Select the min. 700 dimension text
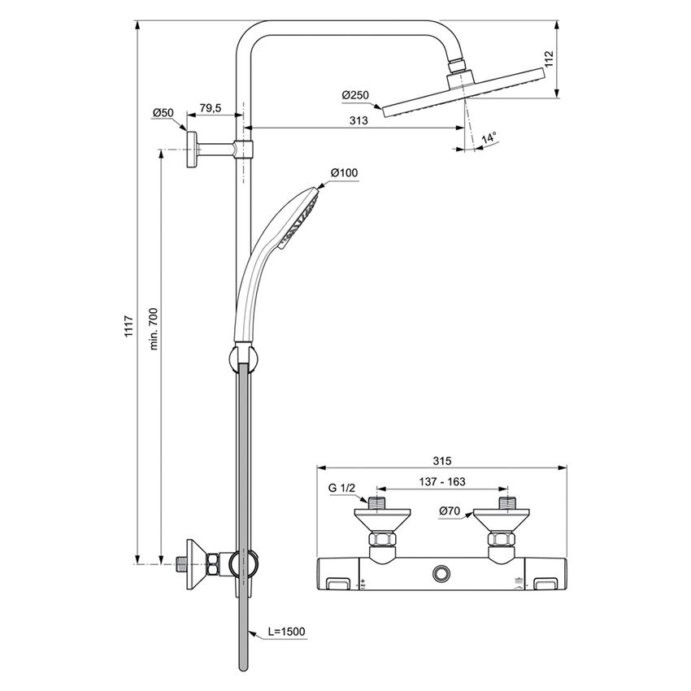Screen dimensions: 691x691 (154, 328)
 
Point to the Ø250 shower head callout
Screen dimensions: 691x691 (355, 96)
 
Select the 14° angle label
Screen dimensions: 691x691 (488, 139)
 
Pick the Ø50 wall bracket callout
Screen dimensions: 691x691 (163, 112)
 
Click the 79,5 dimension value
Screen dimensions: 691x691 (211, 109)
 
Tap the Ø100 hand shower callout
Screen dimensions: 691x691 (344, 172)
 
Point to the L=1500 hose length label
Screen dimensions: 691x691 (285, 631)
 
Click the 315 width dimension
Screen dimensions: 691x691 (441, 460)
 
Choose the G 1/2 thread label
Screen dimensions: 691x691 (342, 489)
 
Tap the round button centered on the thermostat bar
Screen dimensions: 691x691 (441, 574)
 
